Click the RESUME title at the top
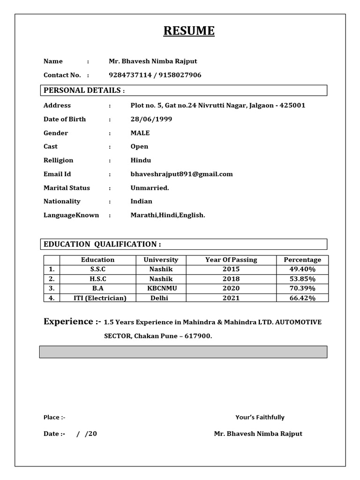tap(189, 31)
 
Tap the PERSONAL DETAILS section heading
tap(84, 90)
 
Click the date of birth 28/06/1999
tap(151, 119)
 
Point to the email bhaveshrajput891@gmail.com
tap(181, 174)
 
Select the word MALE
tap(140, 133)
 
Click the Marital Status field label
tap(67, 188)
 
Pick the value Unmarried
tap(150, 188)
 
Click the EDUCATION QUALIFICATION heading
tap(102, 244)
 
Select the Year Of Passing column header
tap(231, 260)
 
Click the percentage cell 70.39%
tap(302, 288)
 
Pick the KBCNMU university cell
tap(161, 288)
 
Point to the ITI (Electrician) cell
tap(97, 298)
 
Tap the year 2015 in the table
tap(231, 269)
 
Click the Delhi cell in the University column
tap(159, 298)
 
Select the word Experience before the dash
tap(68, 322)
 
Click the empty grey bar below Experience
tap(183, 352)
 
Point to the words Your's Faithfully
tap(260, 417)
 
